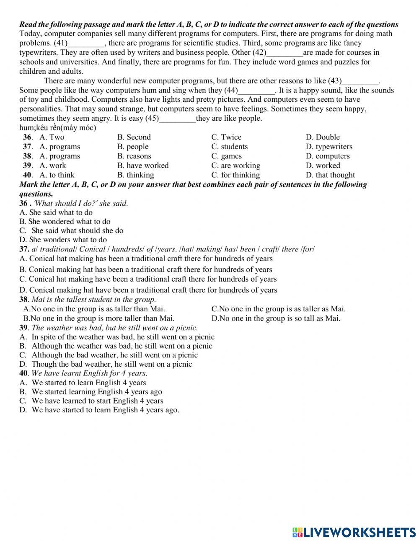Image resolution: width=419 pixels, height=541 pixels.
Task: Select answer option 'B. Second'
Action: (x=134, y=137)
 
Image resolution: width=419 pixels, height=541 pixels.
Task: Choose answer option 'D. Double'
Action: (x=323, y=137)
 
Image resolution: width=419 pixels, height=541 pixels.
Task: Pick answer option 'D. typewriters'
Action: (x=329, y=147)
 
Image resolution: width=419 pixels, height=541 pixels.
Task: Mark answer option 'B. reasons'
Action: (x=134, y=156)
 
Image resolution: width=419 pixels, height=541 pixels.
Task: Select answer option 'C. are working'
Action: (x=235, y=166)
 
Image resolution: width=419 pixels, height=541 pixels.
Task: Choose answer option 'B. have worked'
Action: (x=143, y=166)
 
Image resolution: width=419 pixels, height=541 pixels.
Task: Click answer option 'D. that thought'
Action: (x=330, y=175)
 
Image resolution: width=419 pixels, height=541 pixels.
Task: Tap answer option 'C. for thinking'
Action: (x=235, y=175)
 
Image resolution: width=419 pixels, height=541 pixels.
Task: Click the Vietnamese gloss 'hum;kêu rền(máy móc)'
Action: (x=58, y=128)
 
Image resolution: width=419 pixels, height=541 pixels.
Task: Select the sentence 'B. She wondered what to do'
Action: (x=65, y=221)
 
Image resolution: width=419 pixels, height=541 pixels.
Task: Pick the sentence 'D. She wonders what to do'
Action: (x=63, y=240)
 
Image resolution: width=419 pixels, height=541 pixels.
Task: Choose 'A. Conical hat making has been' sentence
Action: (x=146, y=259)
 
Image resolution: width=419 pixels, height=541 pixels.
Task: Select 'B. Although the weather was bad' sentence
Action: (x=116, y=346)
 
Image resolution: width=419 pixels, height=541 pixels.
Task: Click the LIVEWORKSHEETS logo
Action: (x=354, y=532)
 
